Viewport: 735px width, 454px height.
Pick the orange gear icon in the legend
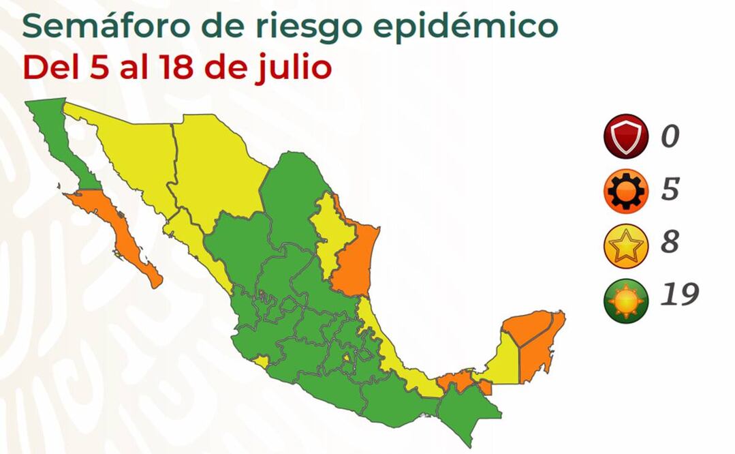[625, 191]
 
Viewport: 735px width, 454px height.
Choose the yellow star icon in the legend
[625, 245]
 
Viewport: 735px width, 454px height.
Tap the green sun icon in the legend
[625, 300]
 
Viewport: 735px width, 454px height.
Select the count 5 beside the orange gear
[670, 190]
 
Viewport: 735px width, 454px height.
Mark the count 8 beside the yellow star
[670, 243]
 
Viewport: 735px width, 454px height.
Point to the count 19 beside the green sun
[678, 296]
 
